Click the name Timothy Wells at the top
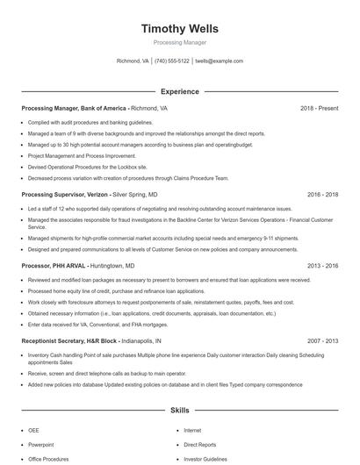(179, 29)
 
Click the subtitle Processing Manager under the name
(179, 42)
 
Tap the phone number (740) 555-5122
(172, 61)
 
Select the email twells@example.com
(219, 61)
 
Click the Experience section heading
(179, 91)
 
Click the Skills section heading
(179, 410)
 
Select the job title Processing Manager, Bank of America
(76, 108)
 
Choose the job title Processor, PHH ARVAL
(57, 265)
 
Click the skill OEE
(33, 431)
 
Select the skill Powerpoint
(40, 445)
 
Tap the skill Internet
(192, 431)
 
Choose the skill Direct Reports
(200, 445)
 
